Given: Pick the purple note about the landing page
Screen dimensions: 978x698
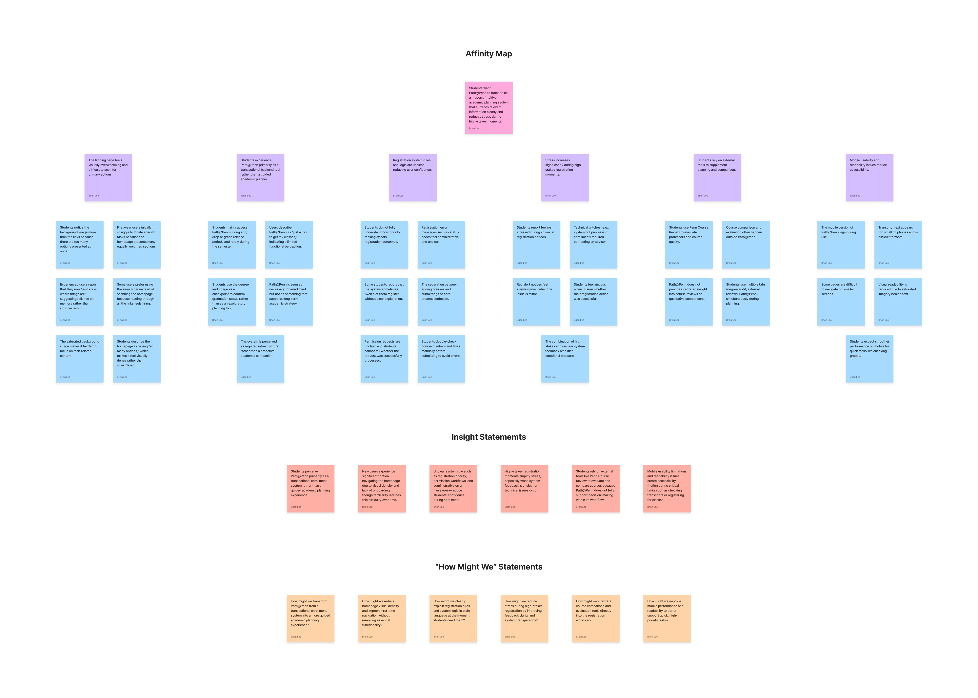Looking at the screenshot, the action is [x=108, y=178].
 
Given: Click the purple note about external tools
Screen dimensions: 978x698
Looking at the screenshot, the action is [x=717, y=178].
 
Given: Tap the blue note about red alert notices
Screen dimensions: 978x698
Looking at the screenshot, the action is [x=536, y=302].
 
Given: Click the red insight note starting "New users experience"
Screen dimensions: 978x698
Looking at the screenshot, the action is [x=382, y=489].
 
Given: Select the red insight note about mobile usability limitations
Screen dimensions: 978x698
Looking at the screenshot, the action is [x=667, y=489].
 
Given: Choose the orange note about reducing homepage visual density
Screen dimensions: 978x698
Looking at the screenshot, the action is [x=382, y=618].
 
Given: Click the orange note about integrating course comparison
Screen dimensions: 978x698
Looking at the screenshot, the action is [x=595, y=618].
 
